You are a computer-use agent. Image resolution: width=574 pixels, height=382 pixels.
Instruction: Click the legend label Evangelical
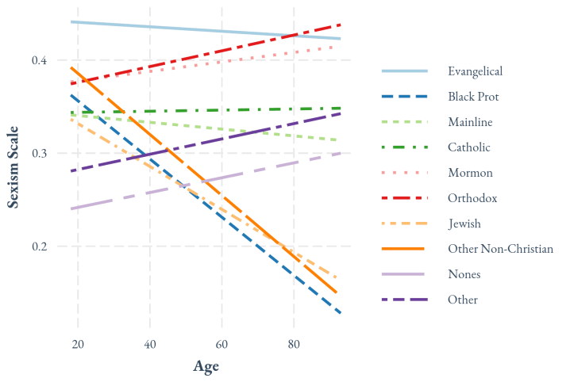pos(475,71)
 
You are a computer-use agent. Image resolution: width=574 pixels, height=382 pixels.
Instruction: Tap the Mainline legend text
pos(470,122)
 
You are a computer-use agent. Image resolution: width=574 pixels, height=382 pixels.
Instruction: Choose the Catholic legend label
pos(468,147)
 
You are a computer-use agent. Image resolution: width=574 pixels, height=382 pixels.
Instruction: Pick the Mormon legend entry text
pos(470,173)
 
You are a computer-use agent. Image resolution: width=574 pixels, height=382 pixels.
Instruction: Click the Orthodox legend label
pos(472,198)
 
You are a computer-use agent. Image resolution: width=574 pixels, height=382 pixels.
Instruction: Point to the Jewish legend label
pos(464,223)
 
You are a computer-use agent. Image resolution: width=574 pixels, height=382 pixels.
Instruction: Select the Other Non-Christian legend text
pos(500,249)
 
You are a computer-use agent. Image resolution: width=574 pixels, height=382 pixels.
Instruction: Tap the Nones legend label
pos(464,274)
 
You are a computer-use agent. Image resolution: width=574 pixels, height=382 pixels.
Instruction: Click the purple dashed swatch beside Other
pos(405,300)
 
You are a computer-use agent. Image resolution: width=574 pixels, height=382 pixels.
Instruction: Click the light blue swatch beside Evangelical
pos(405,71)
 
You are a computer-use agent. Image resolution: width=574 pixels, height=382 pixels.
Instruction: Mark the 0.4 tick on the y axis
pos(39,61)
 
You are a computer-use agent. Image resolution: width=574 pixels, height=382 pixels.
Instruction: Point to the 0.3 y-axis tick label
pos(39,154)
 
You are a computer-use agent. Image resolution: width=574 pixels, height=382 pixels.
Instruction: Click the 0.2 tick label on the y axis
pos(39,246)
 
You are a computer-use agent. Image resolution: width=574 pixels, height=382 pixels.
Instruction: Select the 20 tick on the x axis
pos(78,343)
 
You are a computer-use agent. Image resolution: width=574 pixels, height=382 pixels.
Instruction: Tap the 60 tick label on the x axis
pos(222,343)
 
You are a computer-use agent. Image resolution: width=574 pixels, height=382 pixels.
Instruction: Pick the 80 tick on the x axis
pos(294,343)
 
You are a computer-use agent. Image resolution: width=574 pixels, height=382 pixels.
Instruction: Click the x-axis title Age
pos(206,366)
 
